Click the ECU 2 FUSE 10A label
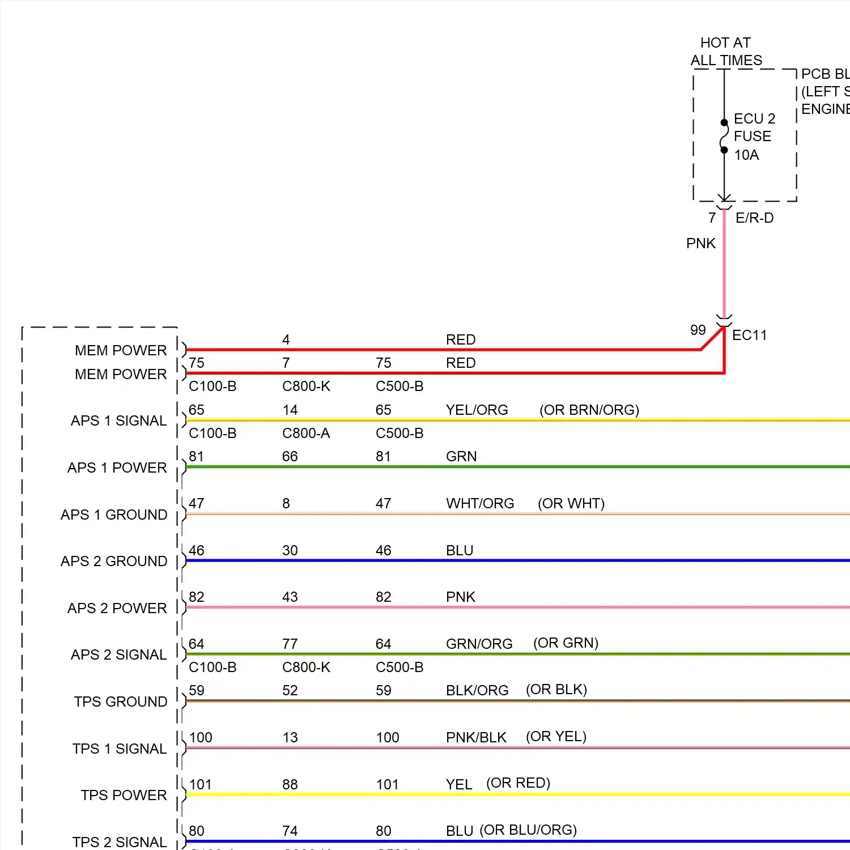click(754, 137)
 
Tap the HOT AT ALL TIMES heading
click(726, 52)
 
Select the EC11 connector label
click(749, 335)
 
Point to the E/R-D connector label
click(754, 218)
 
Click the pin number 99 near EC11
click(698, 330)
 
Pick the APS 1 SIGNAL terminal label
click(118, 420)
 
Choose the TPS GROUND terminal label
click(120, 702)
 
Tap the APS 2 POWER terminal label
click(117, 608)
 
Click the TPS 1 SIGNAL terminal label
click(119, 749)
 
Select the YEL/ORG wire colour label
click(477, 410)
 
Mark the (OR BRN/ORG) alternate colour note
click(589, 410)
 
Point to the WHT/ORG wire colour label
click(480, 503)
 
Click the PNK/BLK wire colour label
click(476, 737)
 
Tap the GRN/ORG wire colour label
click(479, 644)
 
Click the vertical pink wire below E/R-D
click(724, 266)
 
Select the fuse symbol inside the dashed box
click(724, 137)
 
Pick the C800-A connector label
click(305, 433)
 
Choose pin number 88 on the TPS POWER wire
click(290, 784)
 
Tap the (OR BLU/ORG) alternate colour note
click(528, 830)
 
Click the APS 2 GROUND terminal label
click(114, 561)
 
